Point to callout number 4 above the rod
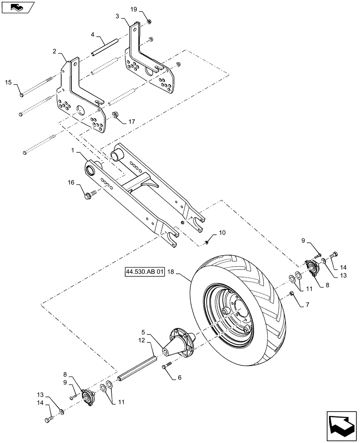93,34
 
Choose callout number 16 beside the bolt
71,182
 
